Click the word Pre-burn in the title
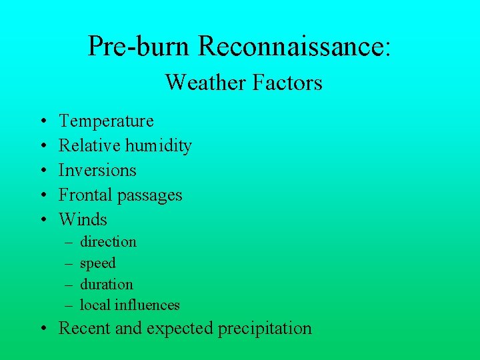(140, 46)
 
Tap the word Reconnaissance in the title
(291, 46)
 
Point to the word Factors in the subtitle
(287, 83)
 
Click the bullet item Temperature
(106, 121)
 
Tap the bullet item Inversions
(97, 170)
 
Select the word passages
(149, 195)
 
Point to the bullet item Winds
(83, 219)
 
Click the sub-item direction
(108, 241)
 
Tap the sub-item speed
(97, 263)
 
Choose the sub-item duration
(106, 284)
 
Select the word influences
(147, 305)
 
